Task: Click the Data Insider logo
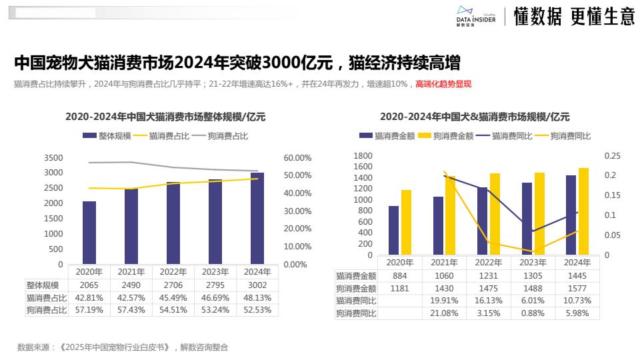pyautogui.click(x=475, y=15)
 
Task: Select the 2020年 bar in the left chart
pyautogui.click(x=89, y=232)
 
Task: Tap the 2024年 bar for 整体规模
pyautogui.click(x=257, y=218)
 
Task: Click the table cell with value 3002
pyautogui.click(x=257, y=285)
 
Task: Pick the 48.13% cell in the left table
pyautogui.click(x=257, y=297)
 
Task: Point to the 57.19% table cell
pyautogui.click(x=89, y=310)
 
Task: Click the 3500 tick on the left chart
pyautogui.click(x=53, y=158)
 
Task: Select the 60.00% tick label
pyautogui.click(x=297, y=158)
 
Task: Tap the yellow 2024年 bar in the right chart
pyautogui.click(x=583, y=211)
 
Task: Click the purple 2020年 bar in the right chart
pyautogui.click(x=394, y=230)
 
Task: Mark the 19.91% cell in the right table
pyautogui.click(x=445, y=301)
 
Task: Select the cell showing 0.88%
pyautogui.click(x=533, y=313)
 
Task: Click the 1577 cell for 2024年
pyautogui.click(x=577, y=288)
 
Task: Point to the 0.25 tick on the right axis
pyautogui.click(x=612, y=156)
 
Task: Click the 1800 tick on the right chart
pyautogui.click(x=363, y=156)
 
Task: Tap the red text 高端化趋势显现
pyautogui.click(x=443, y=84)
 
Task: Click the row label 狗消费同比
pyautogui.click(x=356, y=313)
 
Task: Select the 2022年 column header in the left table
pyautogui.click(x=173, y=272)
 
